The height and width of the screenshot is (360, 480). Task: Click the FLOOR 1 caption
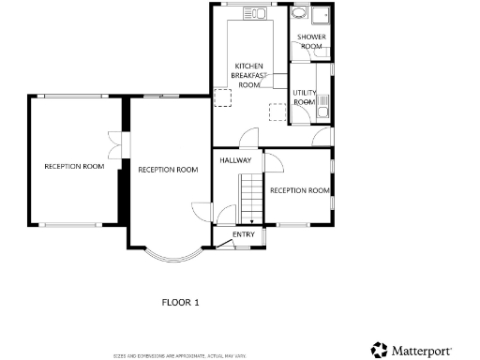[182, 302]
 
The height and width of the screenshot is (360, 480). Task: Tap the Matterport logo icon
[380, 350]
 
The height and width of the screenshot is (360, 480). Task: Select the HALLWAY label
[235, 160]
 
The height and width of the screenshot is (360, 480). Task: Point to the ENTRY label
[243, 234]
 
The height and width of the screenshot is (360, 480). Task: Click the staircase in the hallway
[249, 197]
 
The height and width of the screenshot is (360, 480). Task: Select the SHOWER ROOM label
[311, 41]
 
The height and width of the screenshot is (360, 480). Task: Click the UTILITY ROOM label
[305, 97]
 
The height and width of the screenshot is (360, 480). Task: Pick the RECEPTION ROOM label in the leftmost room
[74, 166]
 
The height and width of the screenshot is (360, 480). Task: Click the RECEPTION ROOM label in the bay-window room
[168, 170]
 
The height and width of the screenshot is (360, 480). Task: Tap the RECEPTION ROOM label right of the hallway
[300, 190]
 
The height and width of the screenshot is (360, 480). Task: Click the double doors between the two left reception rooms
[115, 146]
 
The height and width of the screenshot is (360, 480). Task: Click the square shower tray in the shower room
[322, 15]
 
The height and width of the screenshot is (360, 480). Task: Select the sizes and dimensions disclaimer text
[180, 355]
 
